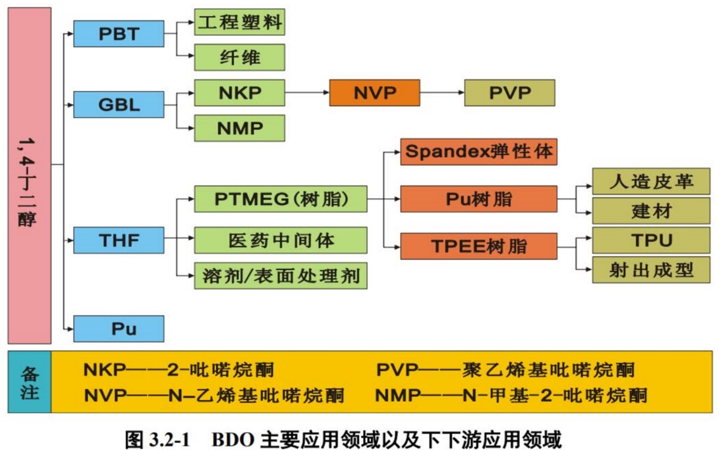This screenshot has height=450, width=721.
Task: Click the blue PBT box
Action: (119, 34)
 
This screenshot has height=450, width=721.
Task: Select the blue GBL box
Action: (119, 104)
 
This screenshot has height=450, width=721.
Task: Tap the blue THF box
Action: (119, 240)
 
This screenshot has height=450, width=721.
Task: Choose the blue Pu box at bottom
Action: (119, 329)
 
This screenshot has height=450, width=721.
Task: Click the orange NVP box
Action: (374, 93)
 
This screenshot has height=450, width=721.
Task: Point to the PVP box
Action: (509, 93)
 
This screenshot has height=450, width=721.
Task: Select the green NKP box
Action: (239, 93)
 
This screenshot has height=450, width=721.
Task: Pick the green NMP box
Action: (239, 128)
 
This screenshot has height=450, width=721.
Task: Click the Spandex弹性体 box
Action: (478, 152)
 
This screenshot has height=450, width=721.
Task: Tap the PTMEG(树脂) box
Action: (280, 199)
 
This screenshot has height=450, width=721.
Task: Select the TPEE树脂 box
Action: (478, 246)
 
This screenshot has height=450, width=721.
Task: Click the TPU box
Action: (651, 241)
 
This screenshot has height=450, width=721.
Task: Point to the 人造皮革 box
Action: (651, 182)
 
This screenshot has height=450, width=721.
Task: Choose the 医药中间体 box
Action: (280, 240)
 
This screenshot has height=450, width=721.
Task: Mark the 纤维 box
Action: (239, 58)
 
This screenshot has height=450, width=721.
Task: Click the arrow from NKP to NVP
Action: (307, 93)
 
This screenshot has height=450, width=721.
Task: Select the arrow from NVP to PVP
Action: (442, 93)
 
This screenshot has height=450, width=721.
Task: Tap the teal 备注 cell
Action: (29, 382)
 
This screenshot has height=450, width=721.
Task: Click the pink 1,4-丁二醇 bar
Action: (29, 176)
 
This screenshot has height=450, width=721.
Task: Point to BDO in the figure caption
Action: (233, 439)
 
